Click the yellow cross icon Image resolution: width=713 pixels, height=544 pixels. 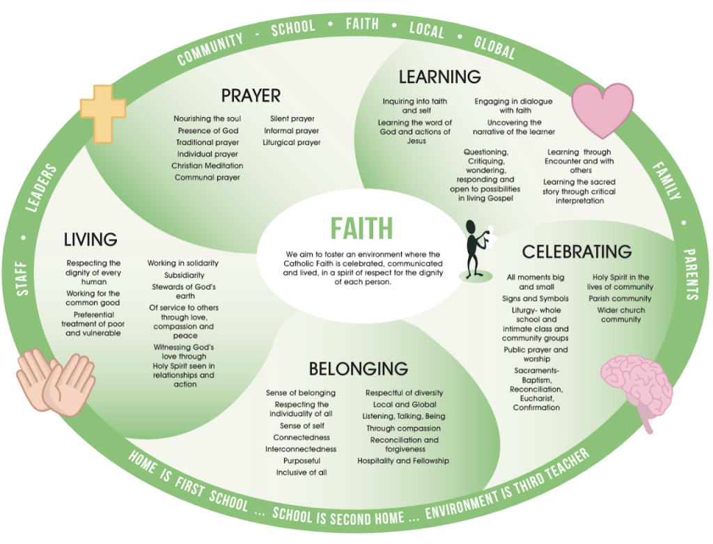point(103,111)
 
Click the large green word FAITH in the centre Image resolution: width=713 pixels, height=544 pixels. point(361,228)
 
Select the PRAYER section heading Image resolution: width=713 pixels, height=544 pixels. point(251,95)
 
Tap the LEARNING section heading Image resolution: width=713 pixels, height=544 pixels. point(439,76)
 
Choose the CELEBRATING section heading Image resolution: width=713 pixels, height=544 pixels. point(577,251)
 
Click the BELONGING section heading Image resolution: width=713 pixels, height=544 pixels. point(358,368)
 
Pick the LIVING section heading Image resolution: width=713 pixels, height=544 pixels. point(91,240)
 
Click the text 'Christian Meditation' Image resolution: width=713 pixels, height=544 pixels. point(207,166)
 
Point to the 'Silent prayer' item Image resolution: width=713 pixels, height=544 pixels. point(292,119)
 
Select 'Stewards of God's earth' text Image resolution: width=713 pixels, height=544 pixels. point(185,291)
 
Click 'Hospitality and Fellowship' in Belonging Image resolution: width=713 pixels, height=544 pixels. point(403,460)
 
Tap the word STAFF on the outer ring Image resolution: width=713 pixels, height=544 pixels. point(23,279)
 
